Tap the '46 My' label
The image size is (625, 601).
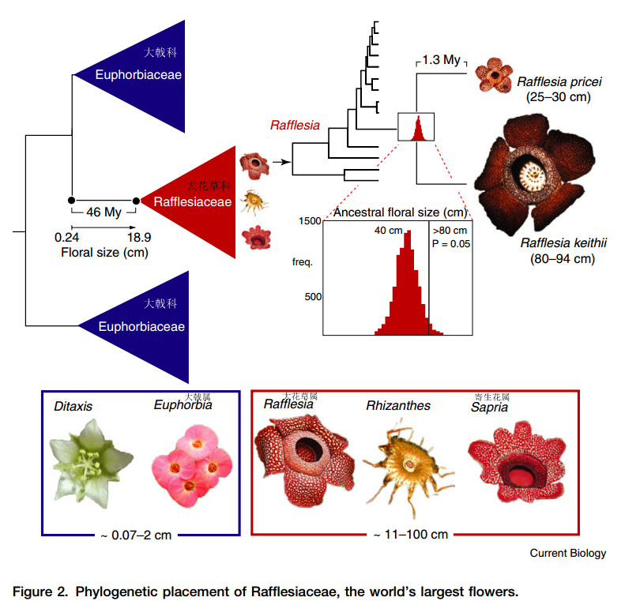pos(104,212)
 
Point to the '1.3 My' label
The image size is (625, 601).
pos(442,60)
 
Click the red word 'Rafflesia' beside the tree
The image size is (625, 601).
pos(295,125)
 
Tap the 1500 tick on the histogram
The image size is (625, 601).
pos(311,221)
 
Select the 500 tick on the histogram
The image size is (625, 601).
pos(314,296)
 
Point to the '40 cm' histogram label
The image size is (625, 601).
pos(389,230)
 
